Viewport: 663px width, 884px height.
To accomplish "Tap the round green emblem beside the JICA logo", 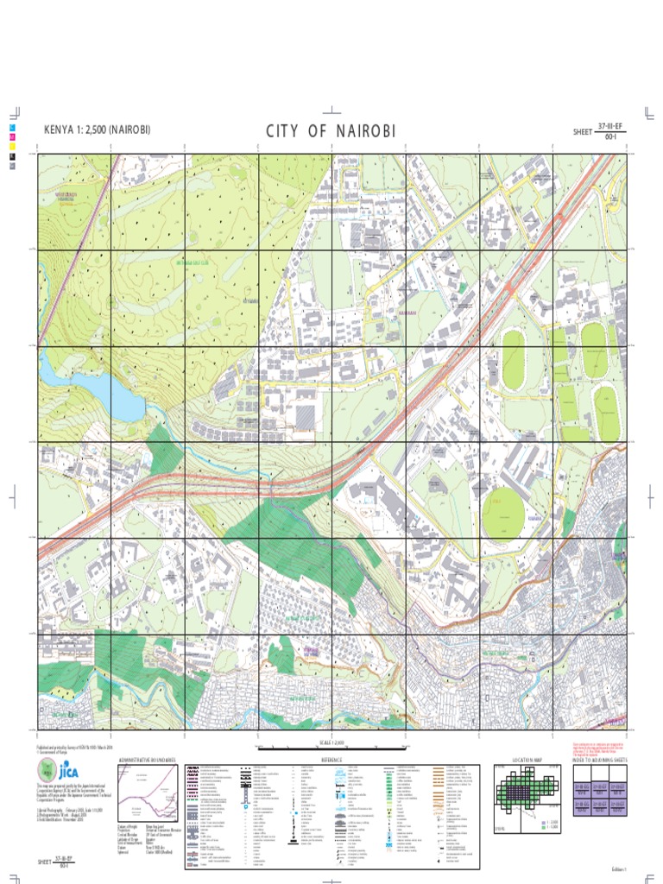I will [46, 773].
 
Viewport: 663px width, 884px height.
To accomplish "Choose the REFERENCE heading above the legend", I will [332, 760].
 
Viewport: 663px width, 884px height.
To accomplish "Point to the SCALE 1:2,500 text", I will [331, 741].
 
